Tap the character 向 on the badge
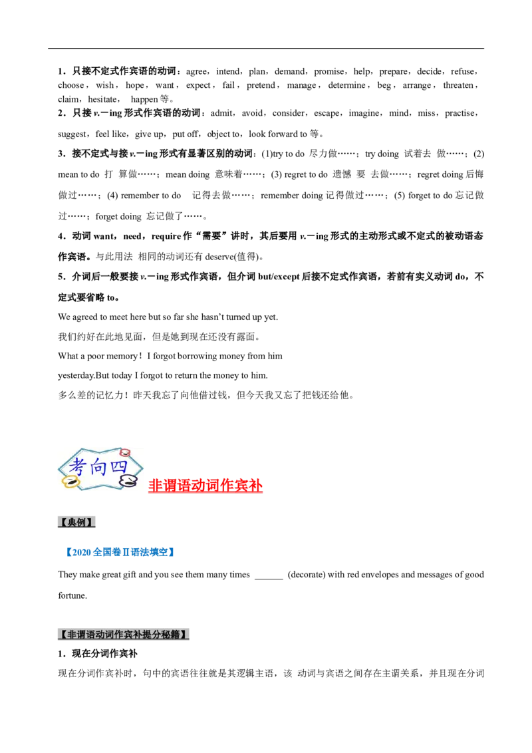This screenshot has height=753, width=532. click(99, 465)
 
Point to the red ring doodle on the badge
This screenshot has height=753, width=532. click(124, 453)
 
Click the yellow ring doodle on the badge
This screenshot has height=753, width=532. click(69, 480)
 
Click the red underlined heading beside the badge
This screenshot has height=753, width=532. click(206, 486)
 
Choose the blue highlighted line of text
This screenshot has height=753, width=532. click(120, 551)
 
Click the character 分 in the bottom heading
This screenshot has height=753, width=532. click(160, 635)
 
